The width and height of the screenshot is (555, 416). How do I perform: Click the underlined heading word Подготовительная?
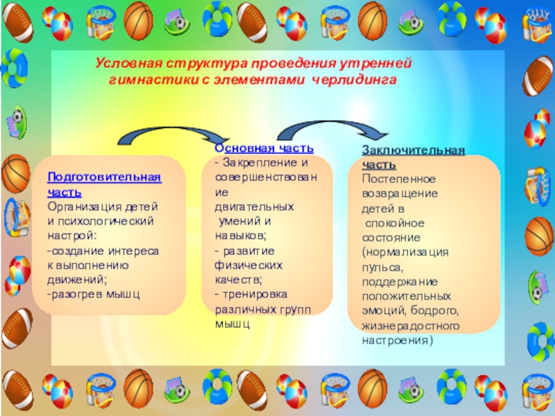pyautogui.click(x=104, y=177)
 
